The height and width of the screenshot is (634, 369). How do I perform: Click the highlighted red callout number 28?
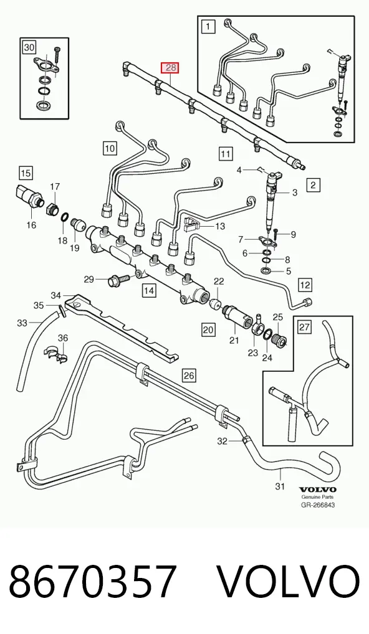[171, 67]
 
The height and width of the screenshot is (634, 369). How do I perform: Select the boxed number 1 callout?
[208, 27]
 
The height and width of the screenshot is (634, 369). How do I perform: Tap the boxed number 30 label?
[29, 48]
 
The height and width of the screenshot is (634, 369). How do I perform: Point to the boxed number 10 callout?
[110, 148]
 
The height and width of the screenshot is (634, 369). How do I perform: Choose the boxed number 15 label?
[26, 173]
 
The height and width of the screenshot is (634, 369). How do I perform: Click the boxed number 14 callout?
[149, 290]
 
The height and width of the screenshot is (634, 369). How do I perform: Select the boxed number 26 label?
[189, 376]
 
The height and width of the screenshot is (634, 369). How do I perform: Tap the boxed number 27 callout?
[305, 326]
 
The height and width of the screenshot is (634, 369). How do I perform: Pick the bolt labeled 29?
[118, 279]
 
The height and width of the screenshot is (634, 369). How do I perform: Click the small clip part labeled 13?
[194, 224]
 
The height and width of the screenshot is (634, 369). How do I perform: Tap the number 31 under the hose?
[280, 486]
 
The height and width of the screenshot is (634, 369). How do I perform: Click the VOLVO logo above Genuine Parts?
[318, 490]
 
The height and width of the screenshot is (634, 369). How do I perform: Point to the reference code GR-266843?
[318, 505]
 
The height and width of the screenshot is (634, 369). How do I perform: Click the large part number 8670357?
[93, 580]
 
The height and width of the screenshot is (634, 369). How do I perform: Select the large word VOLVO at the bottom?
[289, 581]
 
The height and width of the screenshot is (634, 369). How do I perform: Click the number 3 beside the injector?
[295, 193]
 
